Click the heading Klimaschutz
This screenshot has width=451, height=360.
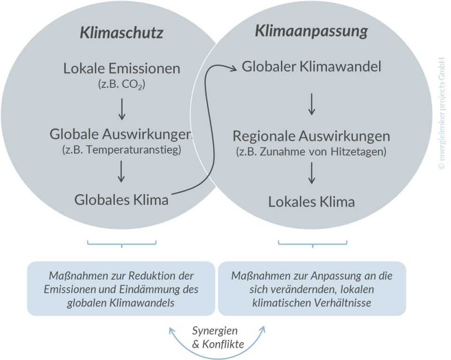tap(121, 33)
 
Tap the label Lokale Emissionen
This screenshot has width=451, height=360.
tap(122, 69)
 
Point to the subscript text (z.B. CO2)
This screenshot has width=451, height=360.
tap(122, 85)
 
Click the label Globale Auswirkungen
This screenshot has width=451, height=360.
tap(121, 134)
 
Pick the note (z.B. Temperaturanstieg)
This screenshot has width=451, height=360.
tap(121, 150)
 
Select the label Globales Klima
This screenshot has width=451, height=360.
tap(121, 200)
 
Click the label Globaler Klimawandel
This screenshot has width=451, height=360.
tap(311, 66)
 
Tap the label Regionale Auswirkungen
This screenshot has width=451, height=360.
tap(311, 136)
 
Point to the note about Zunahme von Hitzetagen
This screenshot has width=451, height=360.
tap(311, 152)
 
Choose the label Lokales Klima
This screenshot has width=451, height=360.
tap(311, 202)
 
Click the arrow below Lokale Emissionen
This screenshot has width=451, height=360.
tap(122, 109)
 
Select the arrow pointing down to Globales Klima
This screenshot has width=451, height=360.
tap(122, 172)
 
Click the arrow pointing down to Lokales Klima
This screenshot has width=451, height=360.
tap(311, 173)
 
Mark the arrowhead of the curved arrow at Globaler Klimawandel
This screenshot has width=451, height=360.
tap(234, 69)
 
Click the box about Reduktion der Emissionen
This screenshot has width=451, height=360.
tap(121, 289)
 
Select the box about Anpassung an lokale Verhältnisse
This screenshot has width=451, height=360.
tap(312, 289)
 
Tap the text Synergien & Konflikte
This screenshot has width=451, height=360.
tap(218, 337)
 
